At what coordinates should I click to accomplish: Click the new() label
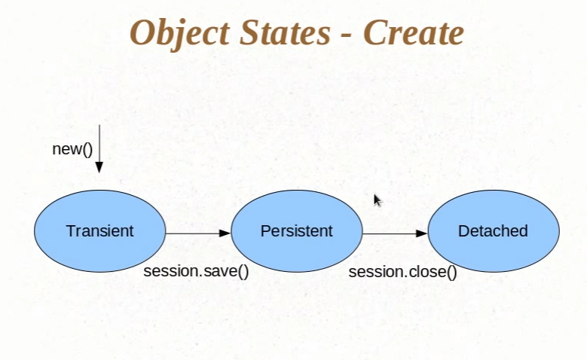pyautogui.click(x=72, y=148)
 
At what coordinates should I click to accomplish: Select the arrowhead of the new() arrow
pyautogui.click(x=99, y=167)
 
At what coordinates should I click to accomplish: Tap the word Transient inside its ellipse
pyautogui.click(x=99, y=231)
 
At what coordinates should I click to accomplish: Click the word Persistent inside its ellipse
pyautogui.click(x=296, y=231)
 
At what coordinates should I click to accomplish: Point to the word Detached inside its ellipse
pyautogui.click(x=494, y=231)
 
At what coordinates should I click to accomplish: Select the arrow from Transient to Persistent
pyautogui.click(x=193, y=233)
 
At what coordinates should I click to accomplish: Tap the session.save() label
pyautogui.click(x=196, y=270)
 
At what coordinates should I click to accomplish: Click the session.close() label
pyautogui.click(x=402, y=271)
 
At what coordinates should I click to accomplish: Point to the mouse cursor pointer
pyautogui.click(x=378, y=200)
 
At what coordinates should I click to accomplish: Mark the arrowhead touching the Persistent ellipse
pyautogui.click(x=225, y=233)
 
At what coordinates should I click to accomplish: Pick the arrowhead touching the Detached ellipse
pyautogui.click(x=422, y=233)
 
